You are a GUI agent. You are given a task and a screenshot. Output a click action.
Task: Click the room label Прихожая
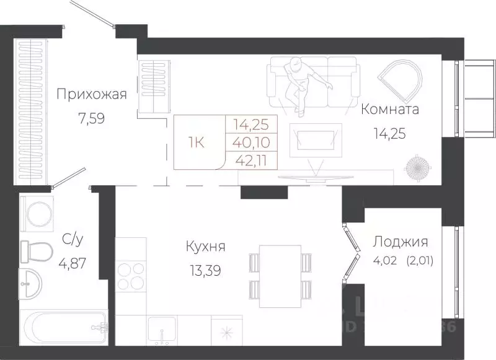[x=92, y=95]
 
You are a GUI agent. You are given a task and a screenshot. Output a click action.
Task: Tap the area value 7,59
[x=92, y=118]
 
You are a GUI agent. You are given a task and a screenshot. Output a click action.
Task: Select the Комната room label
[x=390, y=110]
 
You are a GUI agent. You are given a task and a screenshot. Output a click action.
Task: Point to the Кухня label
[x=205, y=247]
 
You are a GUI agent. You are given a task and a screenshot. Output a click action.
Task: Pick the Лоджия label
[x=400, y=242]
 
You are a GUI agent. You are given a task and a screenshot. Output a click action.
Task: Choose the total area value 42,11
[x=254, y=160]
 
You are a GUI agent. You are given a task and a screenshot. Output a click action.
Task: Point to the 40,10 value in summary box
[x=254, y=141]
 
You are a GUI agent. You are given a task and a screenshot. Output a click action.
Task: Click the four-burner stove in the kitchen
[x=130, y=277]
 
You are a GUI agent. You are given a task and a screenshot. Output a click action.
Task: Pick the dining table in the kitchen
[x=280, y=276]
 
